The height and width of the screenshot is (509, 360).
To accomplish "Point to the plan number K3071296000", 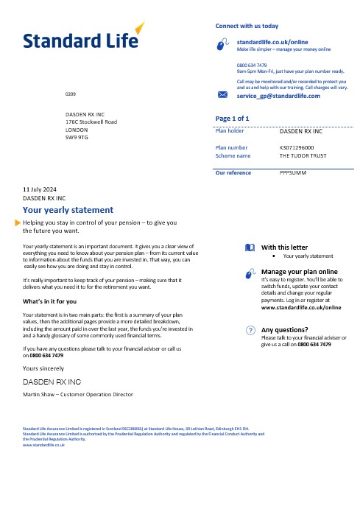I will (x=302, y=147).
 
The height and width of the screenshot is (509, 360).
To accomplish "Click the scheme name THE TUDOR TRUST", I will (x=304, y=156).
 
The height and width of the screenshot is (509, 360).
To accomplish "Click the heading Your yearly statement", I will (x=68, y=209).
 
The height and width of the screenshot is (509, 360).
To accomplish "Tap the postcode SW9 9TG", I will (x=77, y=137).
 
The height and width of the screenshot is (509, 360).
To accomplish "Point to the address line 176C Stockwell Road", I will (x=92, y=122).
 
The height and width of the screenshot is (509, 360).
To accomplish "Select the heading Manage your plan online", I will (x=298, y=271).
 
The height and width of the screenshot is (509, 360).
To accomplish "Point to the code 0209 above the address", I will (x=70, y=96).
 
